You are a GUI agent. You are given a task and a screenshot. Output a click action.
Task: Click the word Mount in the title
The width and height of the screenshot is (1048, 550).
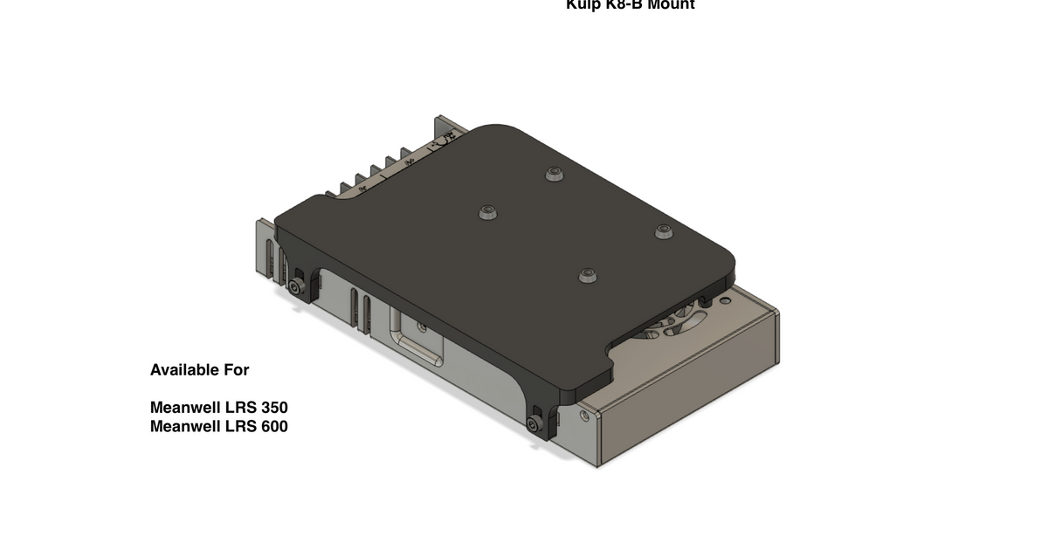coord(668,4)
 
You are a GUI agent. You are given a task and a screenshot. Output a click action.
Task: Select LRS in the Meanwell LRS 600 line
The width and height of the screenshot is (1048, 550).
coord(239,427)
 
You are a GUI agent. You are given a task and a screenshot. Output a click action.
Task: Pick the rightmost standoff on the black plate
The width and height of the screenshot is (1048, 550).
coord(664,231)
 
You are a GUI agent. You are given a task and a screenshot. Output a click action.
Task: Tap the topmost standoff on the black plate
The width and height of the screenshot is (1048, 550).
coord(553,174)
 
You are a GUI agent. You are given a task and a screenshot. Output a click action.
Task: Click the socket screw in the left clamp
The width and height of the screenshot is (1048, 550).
coord(300,287)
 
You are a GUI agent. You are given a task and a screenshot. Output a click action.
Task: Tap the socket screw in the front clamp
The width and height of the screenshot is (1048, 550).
coord(534,425)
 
